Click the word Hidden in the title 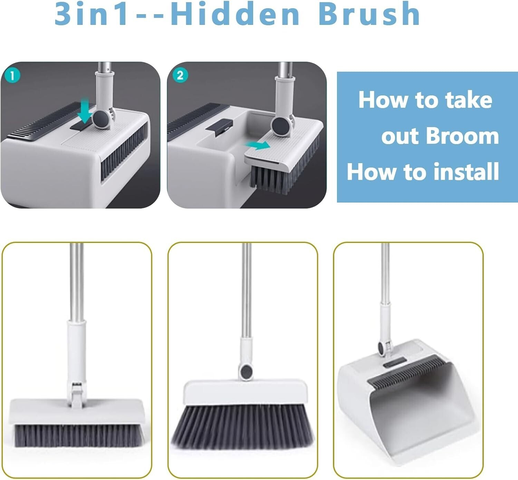click(x=235, y=14)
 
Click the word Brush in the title click(x=369, y=14)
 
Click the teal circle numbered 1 click(x=13, y=75)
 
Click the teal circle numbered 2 click(x=180, y=75)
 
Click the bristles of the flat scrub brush click(x=79, y=435)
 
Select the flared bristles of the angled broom click(x=243, y=426)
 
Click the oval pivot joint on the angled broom click(x=246, y=371)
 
